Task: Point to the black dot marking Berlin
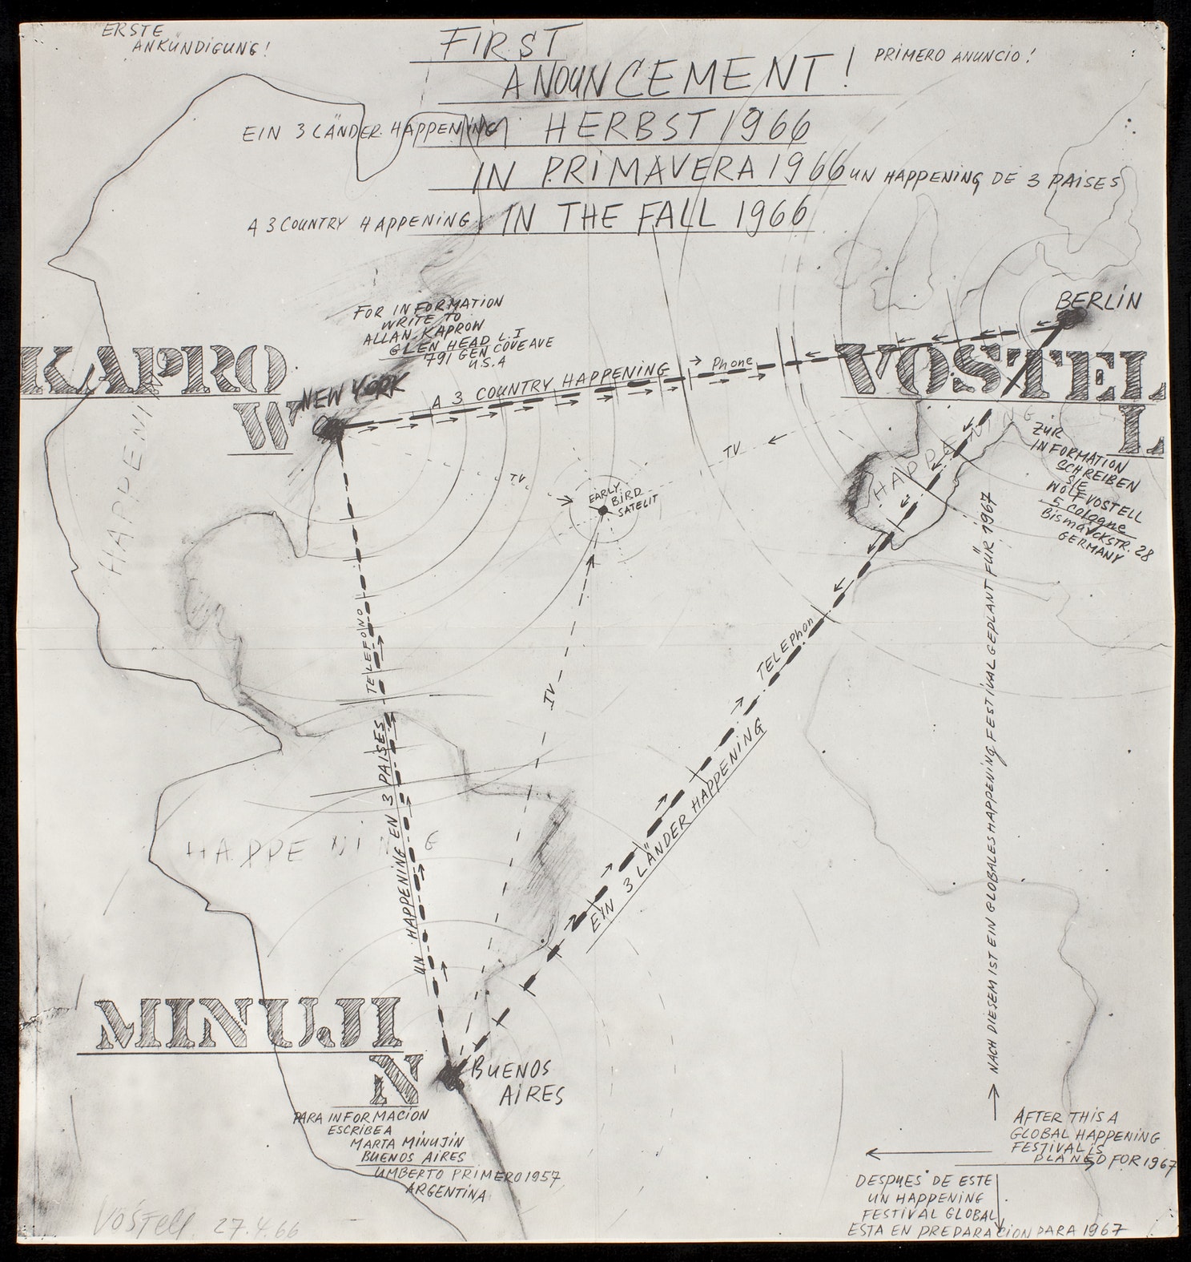pyautogui.click(x=1068, y=320)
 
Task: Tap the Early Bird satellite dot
pyautogui.click(x=602, y=510)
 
